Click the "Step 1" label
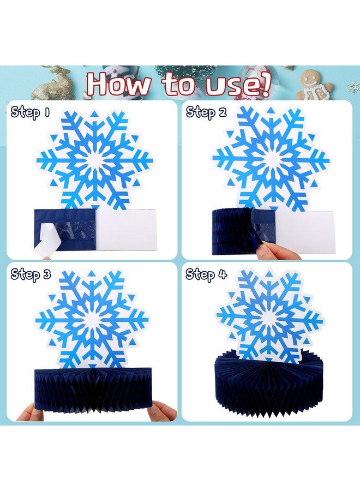(x=31, y=113)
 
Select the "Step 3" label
(x=31, y=275)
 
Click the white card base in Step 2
(x=303, y=230)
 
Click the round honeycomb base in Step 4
(x=270, y=385)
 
